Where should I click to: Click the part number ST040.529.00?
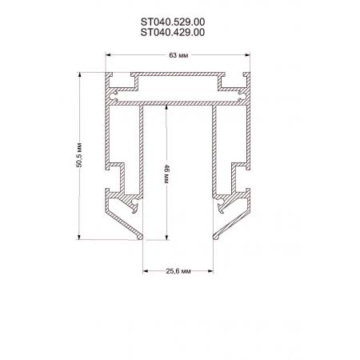click(x=173, y=22)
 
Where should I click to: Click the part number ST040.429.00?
click(x=173, y=32)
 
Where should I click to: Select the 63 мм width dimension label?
click(x=178, y=55)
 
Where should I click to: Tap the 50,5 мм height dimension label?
click(x=79, y=155)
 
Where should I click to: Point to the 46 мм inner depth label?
click(x=166, y=174)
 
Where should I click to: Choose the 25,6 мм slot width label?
click(x=178, y=271)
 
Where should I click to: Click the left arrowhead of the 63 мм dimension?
click(x=108, y=55)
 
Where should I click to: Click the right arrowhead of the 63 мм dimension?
click(x=248, y=55)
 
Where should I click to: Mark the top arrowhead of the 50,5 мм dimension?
click(x=79, y=75)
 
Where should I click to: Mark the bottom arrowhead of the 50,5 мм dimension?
click(x=79, y=237)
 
